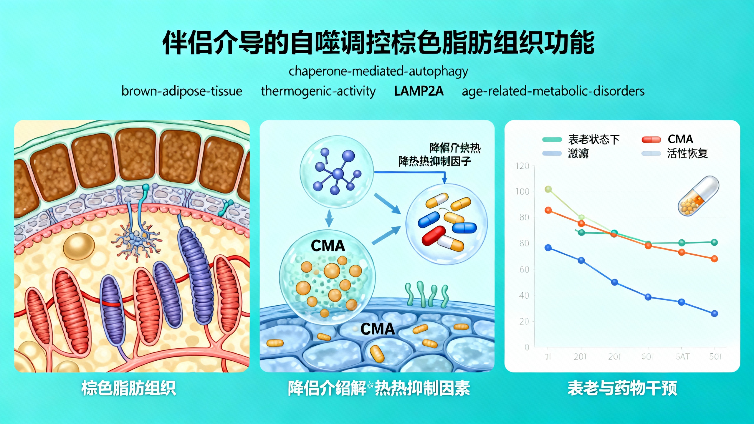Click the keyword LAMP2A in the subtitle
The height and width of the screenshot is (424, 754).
419,91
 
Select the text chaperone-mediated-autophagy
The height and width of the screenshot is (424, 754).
378,71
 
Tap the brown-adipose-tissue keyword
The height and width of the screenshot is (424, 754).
182,91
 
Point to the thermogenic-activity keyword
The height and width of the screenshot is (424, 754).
318,91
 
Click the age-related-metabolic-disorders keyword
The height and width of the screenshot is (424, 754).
553,91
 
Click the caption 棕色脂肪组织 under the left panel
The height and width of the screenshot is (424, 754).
129,388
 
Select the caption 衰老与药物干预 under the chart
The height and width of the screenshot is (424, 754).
622,388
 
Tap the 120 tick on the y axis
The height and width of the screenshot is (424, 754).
522,166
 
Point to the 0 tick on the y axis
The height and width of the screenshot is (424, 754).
527,347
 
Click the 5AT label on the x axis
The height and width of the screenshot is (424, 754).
682,357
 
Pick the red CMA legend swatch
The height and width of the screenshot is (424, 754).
651,140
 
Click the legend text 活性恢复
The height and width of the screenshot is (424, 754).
687,153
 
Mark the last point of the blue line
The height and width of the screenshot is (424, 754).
714,314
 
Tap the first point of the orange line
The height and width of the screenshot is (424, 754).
548,210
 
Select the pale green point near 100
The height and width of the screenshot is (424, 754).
548,189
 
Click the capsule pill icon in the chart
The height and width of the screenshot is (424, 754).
698,196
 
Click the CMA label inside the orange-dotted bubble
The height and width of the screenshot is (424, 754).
328,246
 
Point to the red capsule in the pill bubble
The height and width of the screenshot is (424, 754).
434,236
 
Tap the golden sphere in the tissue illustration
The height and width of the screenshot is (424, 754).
79,246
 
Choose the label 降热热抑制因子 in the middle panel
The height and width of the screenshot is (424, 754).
435,161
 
